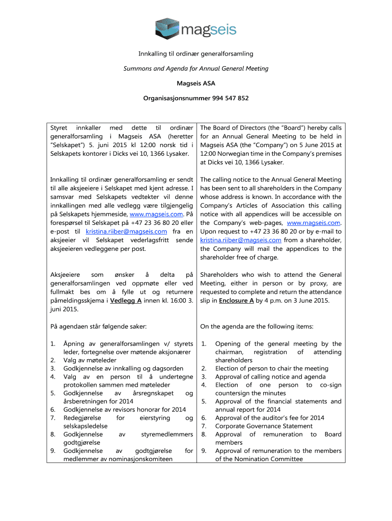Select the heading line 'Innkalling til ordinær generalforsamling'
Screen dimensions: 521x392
pos(196,54)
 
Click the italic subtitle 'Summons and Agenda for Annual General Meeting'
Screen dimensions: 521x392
pos(196,68)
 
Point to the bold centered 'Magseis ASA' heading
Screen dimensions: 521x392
pos(196,83)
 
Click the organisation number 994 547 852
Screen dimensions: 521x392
pos(230,98)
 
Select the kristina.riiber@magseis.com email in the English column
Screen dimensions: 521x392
pos(241,240)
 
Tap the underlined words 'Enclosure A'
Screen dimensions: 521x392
pos(236,301)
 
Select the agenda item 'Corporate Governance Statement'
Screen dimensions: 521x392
pos(262,426)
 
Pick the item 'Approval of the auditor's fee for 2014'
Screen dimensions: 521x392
pos(270,418)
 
